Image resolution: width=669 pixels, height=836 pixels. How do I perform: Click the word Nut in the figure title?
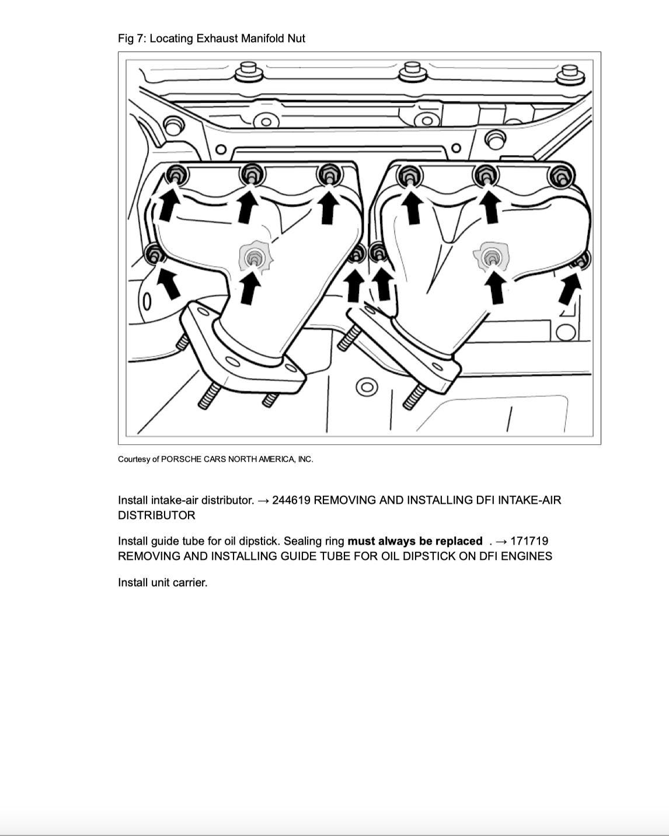[x=296, y=39]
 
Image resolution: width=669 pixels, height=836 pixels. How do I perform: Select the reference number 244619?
[x=291, y=500]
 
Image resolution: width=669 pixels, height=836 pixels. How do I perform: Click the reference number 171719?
[x=529, y=541]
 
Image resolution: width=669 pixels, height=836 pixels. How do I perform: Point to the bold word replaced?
[x=459, y=541]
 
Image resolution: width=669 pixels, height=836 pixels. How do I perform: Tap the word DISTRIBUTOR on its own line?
[x=156, y=515]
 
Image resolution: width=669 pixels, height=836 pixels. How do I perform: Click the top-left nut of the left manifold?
[x=176, y=174]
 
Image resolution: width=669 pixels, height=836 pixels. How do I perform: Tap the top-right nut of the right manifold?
[x=560, y=175]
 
